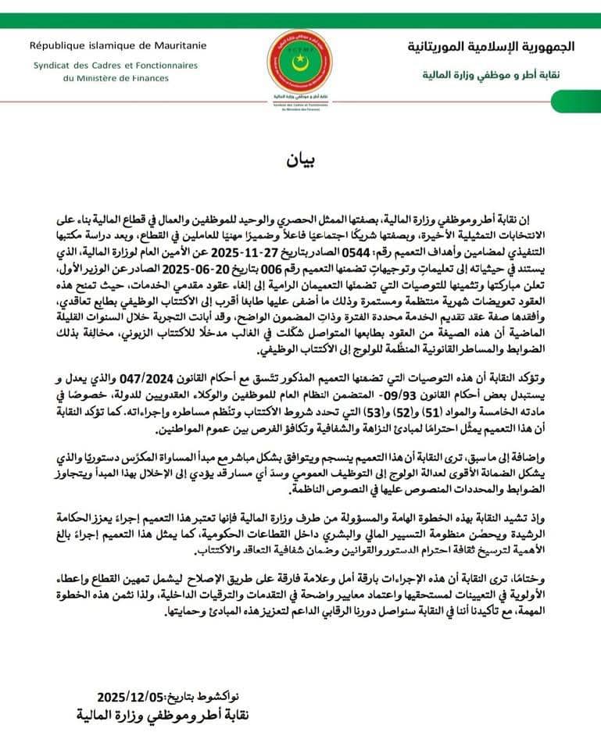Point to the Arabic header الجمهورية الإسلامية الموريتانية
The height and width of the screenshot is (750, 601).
click(x=491, y=46)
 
